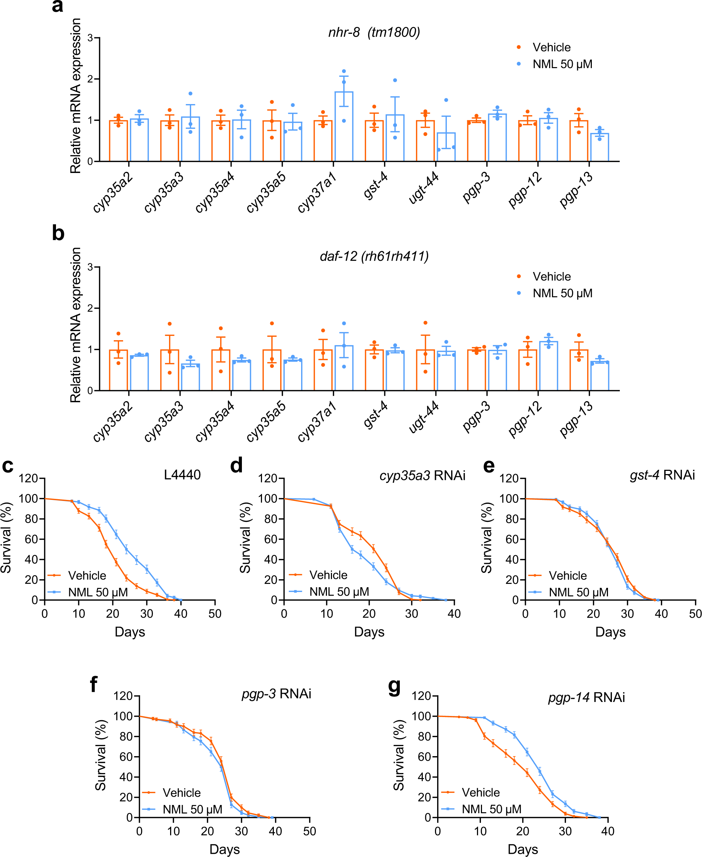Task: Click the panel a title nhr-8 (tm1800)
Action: click(374, 32)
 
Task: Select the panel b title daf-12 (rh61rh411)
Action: click(374, 256)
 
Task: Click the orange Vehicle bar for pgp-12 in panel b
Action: click(528, 370)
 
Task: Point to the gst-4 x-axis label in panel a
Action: click(375, 186)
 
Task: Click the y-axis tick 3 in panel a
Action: click(90, 38)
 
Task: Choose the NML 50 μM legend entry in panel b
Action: click(562, 294)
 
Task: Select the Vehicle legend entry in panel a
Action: click(551, 48)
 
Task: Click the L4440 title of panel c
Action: click(182, 474)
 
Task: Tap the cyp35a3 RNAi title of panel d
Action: click(422, 476)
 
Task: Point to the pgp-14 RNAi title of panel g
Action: click(586, 697)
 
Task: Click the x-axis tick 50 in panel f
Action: click(309, 831)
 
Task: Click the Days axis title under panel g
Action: click(523, 849)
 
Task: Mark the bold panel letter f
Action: click(93, 685)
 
